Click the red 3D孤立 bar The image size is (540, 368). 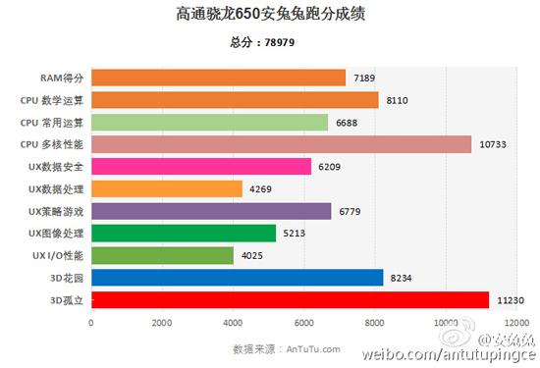tap(290, 299)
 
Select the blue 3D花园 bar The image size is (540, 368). tap(237, 278)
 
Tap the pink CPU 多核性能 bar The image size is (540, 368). tap(281, 144)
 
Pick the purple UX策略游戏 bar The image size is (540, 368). tap(211, 211)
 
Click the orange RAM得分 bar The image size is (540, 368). tap(218, 78)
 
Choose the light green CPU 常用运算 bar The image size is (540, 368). tap(209, 122)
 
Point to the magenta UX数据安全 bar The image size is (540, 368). tap(200, 167)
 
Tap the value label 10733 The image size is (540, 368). tap(494, 144)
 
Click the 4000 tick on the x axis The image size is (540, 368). tap(233, 322)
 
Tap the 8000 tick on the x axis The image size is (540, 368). tap(374, 322)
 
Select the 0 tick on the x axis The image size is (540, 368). tap(91, 322)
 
